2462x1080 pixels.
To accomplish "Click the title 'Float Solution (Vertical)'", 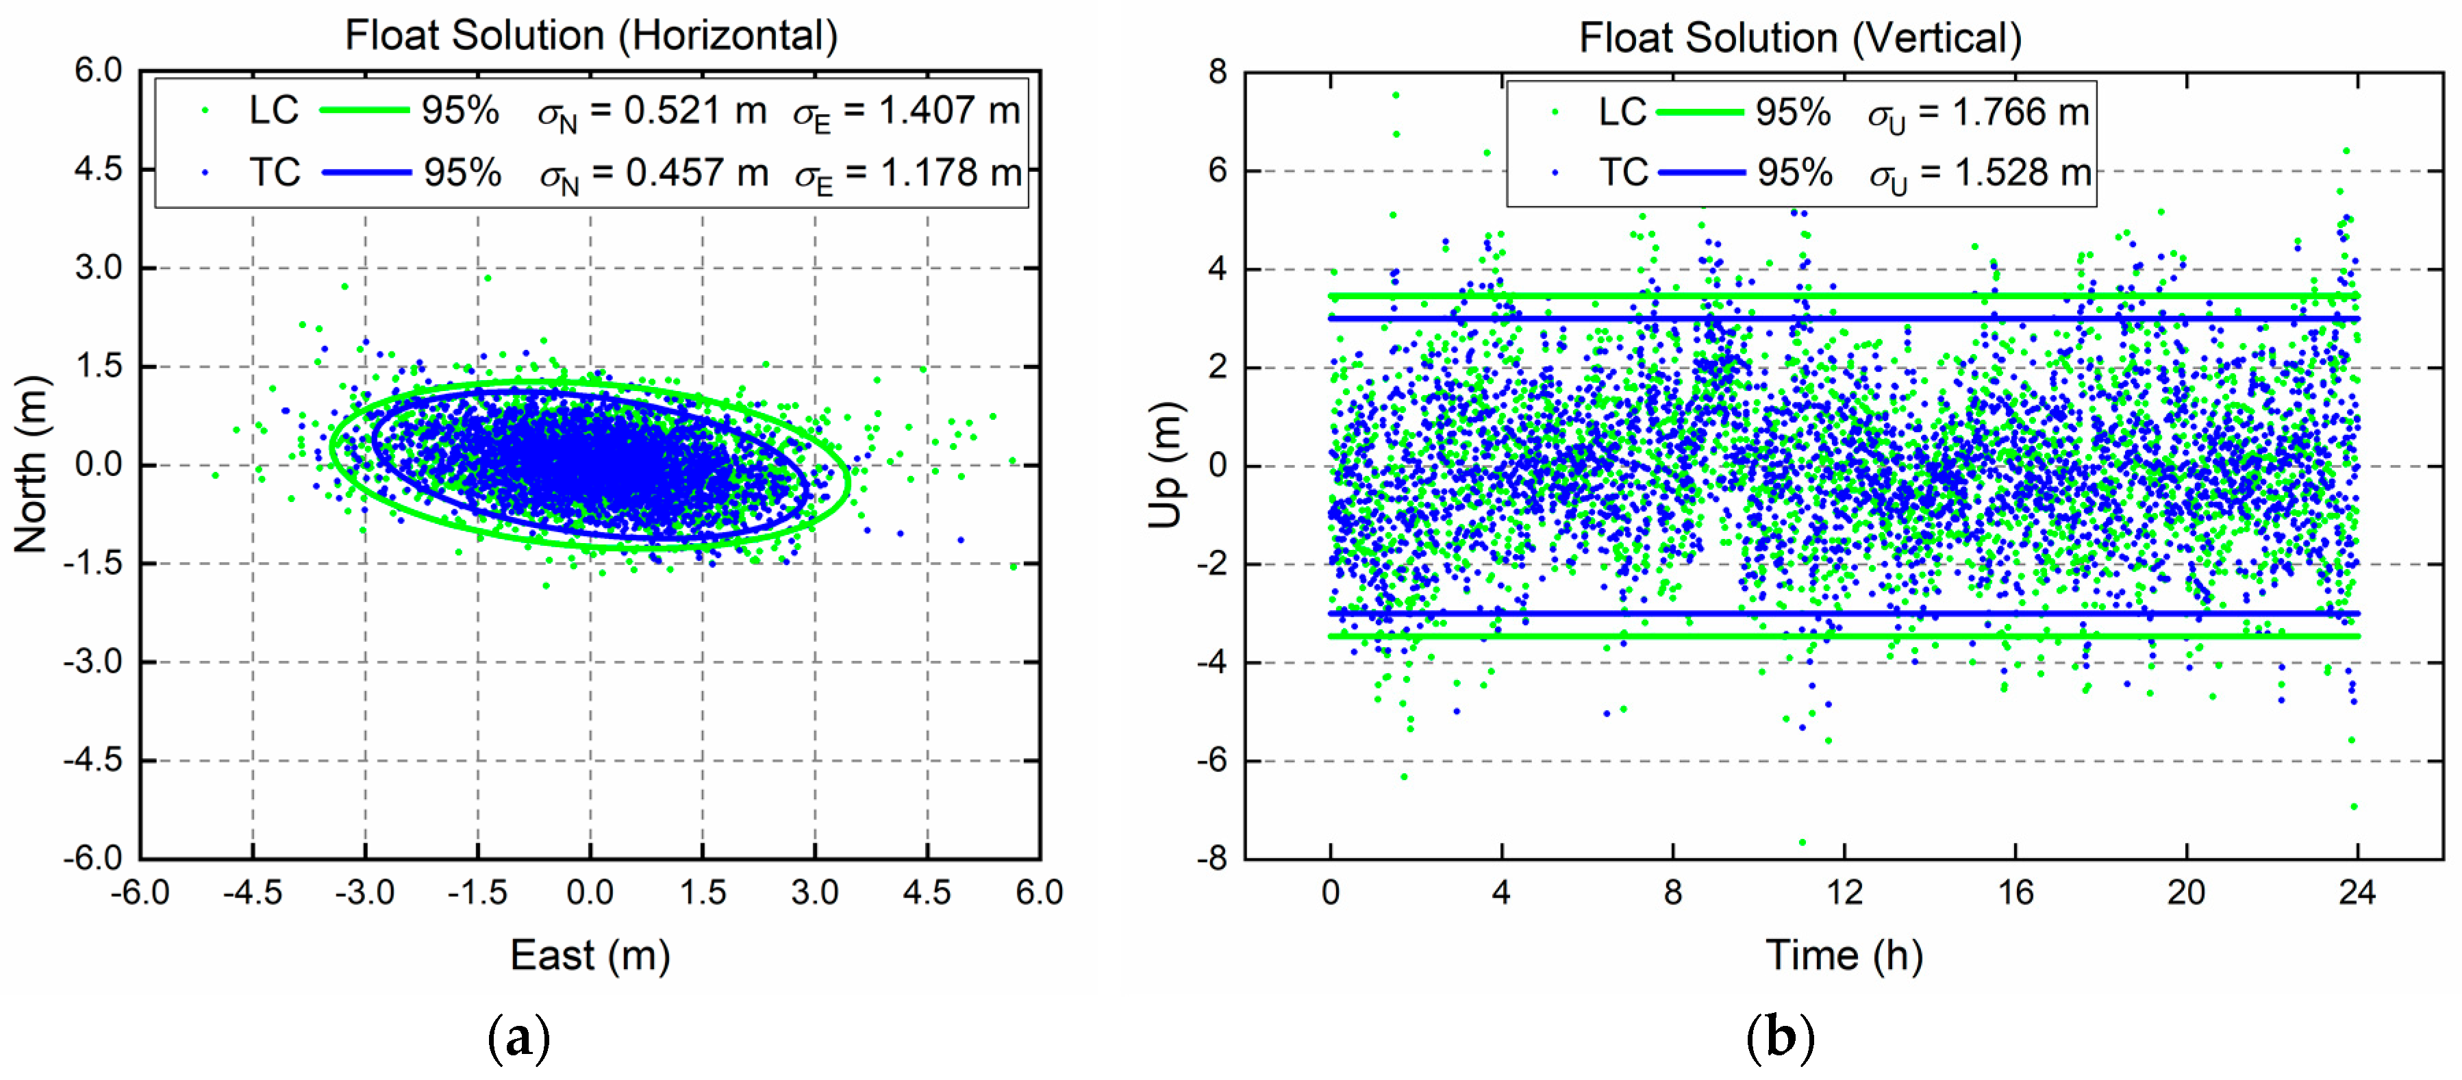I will pyautogui.click(x=1800, y=39).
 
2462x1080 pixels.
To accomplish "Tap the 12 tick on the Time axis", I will pyautogui.click(x=1844, y=892).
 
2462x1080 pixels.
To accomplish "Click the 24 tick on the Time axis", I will pyautogui.click(x=2357, y=892).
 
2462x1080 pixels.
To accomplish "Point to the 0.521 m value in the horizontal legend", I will pyautogui.click(x=695, y=111).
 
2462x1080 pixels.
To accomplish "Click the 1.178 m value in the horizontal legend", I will pyautogui.click(x=951, y=173).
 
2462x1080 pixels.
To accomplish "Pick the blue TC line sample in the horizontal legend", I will pyautogui.click(x=366, y=173).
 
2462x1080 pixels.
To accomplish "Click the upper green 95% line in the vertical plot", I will pyautogui.click(x=1844, y=297).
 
